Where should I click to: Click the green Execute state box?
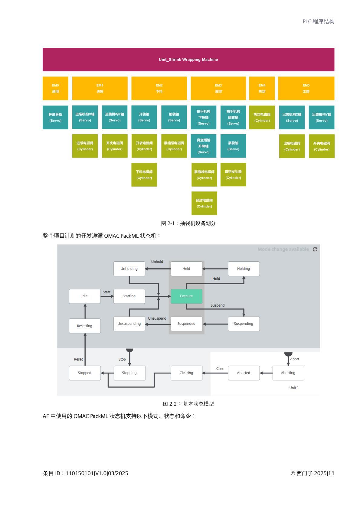coord(186,296)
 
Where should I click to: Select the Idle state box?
coord(85,296)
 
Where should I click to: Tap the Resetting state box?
coord(85,326)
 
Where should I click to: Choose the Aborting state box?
coord(288,373)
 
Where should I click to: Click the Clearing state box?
coord(186,373)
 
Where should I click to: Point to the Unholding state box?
coord(129,269)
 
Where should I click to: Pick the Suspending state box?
coord(244,324)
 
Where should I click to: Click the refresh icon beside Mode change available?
coord(315,249)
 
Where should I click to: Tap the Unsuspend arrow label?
coord(157,318)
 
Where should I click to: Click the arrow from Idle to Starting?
coord(107,296)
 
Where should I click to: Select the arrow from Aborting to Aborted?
coord(266,373)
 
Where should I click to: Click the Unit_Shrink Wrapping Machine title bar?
coord(188,60)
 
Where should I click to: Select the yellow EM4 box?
coord(262,88)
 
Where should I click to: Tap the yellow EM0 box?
coord(55,88)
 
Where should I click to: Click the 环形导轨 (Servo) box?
coord(55,117)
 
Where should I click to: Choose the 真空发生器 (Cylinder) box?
coord(233,175)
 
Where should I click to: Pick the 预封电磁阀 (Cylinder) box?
coord(204,203)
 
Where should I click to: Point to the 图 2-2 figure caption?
coord(188,404)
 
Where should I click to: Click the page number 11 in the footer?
coord(331,473)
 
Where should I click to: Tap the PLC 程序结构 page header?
coord(318,21)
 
